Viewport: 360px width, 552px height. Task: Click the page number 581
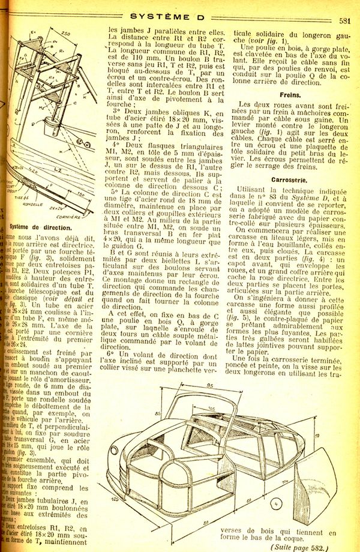(344, 20)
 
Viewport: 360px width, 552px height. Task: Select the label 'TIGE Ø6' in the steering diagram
(23, 197)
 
